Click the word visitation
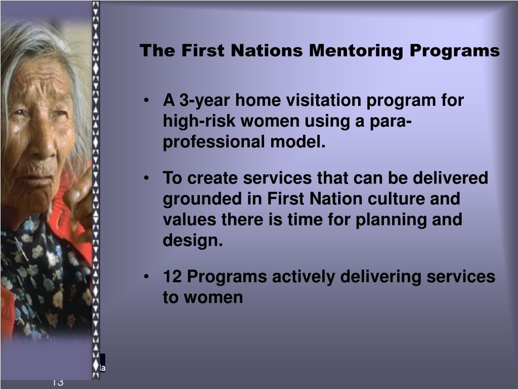click(325, 101)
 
